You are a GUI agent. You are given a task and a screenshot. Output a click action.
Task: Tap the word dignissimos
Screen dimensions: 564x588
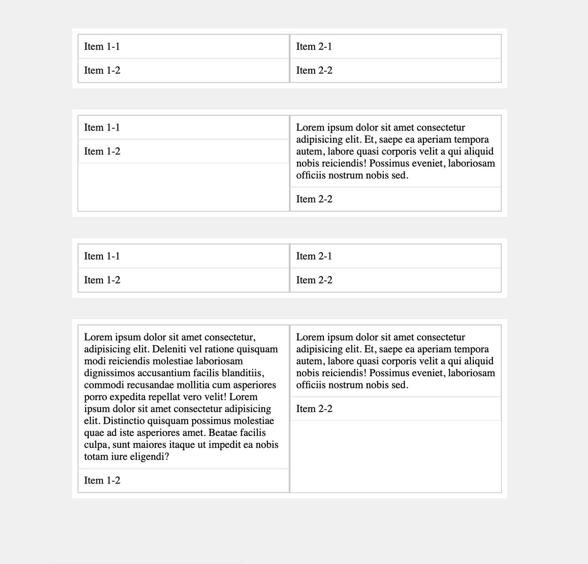[x=110, y=373]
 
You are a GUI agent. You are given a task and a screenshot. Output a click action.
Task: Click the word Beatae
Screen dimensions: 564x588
[x=230, y=433]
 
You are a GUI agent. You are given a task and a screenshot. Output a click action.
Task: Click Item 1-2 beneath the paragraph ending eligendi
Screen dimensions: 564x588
[x=102, y=481]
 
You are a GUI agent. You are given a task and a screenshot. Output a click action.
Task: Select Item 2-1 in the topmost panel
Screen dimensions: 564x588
[x=314, y=47]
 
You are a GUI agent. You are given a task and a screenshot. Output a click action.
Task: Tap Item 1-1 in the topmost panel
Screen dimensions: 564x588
[x=102, y=47]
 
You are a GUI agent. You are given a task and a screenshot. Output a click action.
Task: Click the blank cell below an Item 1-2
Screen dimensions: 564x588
[x=184, y=187]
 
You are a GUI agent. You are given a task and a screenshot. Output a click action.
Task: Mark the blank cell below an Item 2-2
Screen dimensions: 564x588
[x=396, y=456]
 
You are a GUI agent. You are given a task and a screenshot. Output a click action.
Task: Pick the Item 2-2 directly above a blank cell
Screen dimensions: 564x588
[x=314, y=409]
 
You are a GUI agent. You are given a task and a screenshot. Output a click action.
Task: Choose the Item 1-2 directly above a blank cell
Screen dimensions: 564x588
[x=102, y=152]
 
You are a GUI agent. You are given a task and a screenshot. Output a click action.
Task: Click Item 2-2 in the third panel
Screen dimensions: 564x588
[x=314, y=280]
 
